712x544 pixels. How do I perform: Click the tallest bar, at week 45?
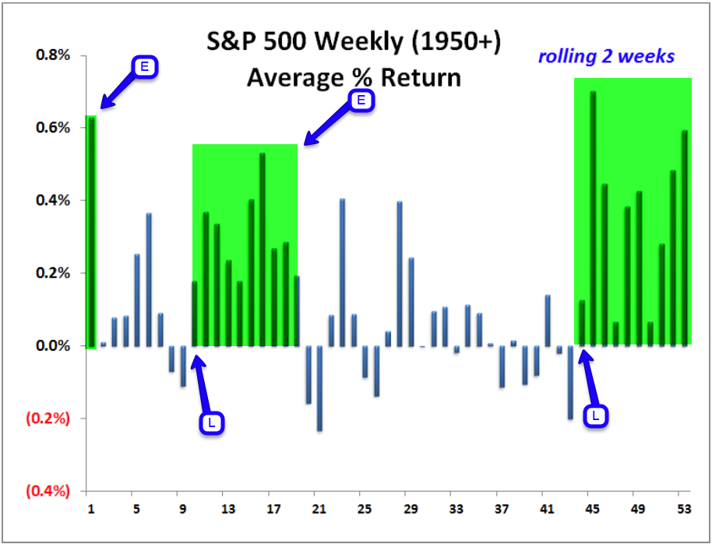click(593, 218)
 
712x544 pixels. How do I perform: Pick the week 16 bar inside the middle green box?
click(263, 249)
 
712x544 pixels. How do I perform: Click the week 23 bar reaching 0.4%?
click(342, 273)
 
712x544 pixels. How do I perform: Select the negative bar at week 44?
click(570, 382)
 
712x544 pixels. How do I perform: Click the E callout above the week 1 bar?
click(145, 67)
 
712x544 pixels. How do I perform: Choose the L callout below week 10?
click(211, 422)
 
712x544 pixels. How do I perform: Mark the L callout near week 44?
click(596, 415)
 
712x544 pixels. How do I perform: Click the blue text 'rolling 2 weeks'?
click(606, 56)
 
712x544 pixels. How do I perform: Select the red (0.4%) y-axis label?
click(48, 491)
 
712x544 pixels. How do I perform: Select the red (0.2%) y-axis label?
click(48, 419)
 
